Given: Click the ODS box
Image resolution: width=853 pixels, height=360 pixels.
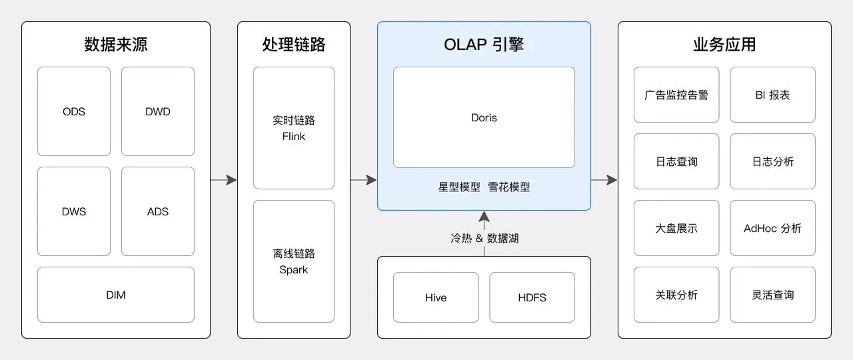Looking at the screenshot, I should (x=74, y=111).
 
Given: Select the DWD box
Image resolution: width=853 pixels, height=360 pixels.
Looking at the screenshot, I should (x=158, y=111).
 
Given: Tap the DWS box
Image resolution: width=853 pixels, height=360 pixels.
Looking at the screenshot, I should (x=74, y=211).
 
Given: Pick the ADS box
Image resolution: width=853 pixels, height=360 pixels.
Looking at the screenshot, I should (x=158, y=211).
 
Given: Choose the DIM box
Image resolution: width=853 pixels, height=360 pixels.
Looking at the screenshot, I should (x=115, y=295).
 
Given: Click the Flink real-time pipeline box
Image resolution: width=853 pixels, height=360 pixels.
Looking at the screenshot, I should (x=294, y=128).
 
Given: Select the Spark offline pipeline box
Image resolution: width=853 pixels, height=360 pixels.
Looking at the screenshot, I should (x=294, y=261).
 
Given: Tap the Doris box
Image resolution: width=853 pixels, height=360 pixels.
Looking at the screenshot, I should (x=484, y=117).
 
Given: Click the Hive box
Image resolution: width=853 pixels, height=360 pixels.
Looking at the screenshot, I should (x=436, y=297).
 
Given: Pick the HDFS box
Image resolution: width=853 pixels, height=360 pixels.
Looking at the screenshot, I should (x=532, y=297).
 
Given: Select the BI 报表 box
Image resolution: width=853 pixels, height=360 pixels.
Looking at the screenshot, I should (x=772, y=95).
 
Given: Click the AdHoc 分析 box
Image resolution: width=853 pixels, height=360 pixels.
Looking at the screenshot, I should (x=772, y=228).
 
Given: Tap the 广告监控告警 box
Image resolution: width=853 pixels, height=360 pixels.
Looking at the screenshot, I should (x=676, y=95).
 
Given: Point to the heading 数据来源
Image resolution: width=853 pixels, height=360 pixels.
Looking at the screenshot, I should (x=116, y=45).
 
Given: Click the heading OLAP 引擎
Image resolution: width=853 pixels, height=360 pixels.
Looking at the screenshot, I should (x=484, y=45).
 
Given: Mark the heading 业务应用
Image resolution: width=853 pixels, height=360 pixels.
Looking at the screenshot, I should (x=724, y=45).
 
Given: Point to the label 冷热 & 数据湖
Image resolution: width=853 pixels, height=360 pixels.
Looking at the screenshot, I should (x=484, y=238).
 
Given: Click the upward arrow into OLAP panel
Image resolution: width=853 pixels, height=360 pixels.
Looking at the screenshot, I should (x=484, y=219).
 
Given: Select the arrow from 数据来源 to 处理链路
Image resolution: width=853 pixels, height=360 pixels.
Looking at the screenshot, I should (x=224, y=180).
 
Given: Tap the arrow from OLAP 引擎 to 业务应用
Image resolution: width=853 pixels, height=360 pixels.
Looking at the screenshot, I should (x=604, y=180).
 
